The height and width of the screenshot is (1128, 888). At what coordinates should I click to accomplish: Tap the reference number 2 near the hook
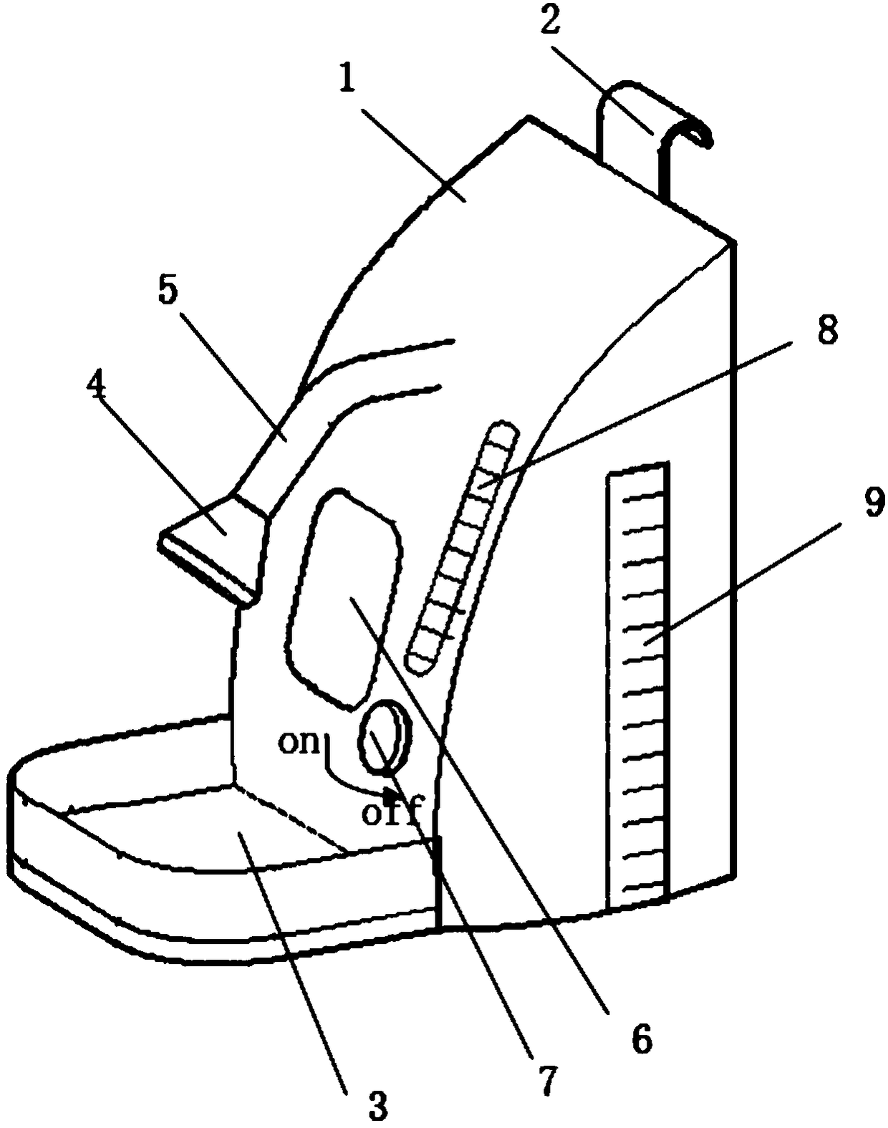point(549,22)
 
